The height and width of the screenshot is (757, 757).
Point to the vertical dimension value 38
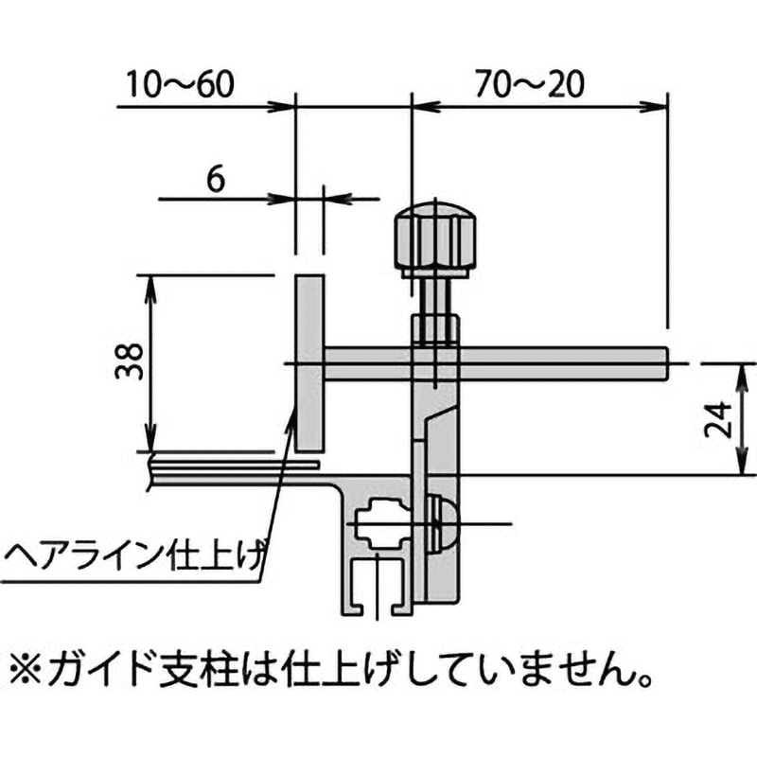[x=130, y=361]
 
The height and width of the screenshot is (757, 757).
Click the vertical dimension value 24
[x=716, y=417]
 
